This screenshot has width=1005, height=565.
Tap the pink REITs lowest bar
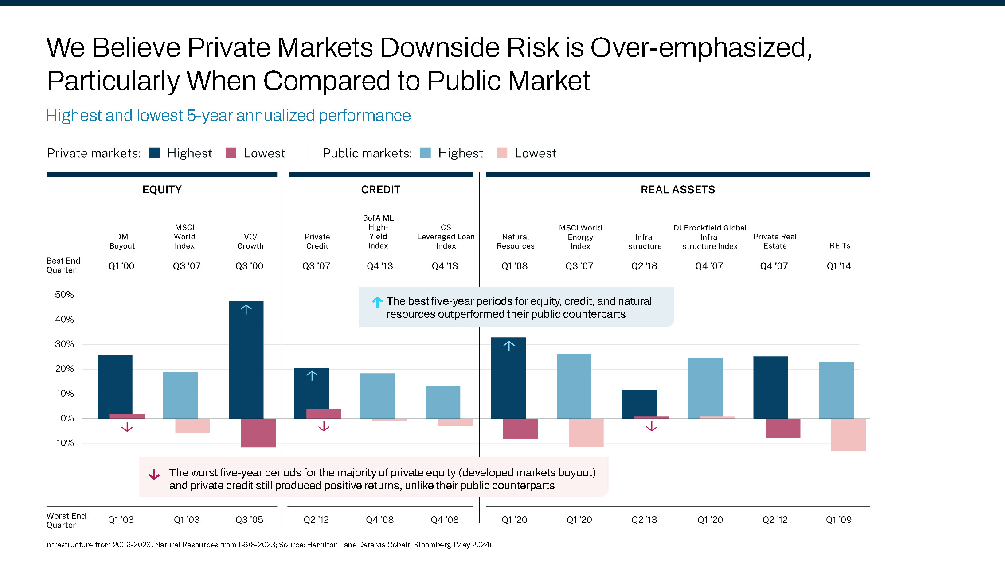pos(848,434)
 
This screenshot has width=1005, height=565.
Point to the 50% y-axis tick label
pos(64,295)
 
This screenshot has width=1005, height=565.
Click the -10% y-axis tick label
pos(64,443)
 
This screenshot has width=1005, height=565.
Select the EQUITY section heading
pos(162,190)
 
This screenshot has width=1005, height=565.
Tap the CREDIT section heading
pos(380,190)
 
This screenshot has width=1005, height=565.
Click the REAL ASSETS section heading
pos(677,190)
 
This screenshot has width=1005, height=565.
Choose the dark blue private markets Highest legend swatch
pos(154,153)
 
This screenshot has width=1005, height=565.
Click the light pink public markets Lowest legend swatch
pos(502,153)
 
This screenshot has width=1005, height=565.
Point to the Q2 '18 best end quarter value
pos(644,266)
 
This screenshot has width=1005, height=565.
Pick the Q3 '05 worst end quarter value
pos(249,520)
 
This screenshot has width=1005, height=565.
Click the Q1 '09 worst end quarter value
pos(838,520)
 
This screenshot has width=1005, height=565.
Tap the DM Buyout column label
pos(122,241)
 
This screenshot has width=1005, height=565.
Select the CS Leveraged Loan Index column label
pos(446,237)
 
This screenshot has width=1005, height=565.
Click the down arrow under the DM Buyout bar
pos(127,427)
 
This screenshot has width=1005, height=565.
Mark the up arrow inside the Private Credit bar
pos(312,376)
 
